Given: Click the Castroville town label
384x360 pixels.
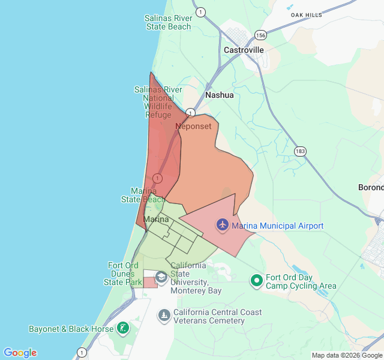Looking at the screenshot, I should (x=244, y=50).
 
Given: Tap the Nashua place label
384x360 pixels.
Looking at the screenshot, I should (x=219, y=95).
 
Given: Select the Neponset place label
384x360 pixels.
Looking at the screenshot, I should (x=193, y=127).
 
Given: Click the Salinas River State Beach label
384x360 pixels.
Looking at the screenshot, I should (x=168, y=22).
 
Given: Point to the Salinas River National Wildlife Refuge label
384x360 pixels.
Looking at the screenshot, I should (x=158, y=102).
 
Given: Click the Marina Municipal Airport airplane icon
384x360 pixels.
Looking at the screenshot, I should (x=223, y=226).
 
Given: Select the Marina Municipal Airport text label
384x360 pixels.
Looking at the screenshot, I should (x=277, y=226).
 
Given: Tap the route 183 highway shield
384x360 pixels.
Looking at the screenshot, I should (x=300, y=151).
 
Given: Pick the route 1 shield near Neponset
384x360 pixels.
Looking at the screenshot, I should (x=190, y=113).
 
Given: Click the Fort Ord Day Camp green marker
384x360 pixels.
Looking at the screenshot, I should (x=257, y=280).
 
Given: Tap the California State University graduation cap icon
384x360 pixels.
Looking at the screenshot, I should (x=161, y=277).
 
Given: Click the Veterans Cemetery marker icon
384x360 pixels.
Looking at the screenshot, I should (x=164, y=315).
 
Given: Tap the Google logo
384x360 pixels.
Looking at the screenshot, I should (x=20, y=353).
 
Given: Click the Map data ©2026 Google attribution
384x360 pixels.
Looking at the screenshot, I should (x=346, y=355).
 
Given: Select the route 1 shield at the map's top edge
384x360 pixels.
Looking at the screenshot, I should (x=200, y=11).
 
